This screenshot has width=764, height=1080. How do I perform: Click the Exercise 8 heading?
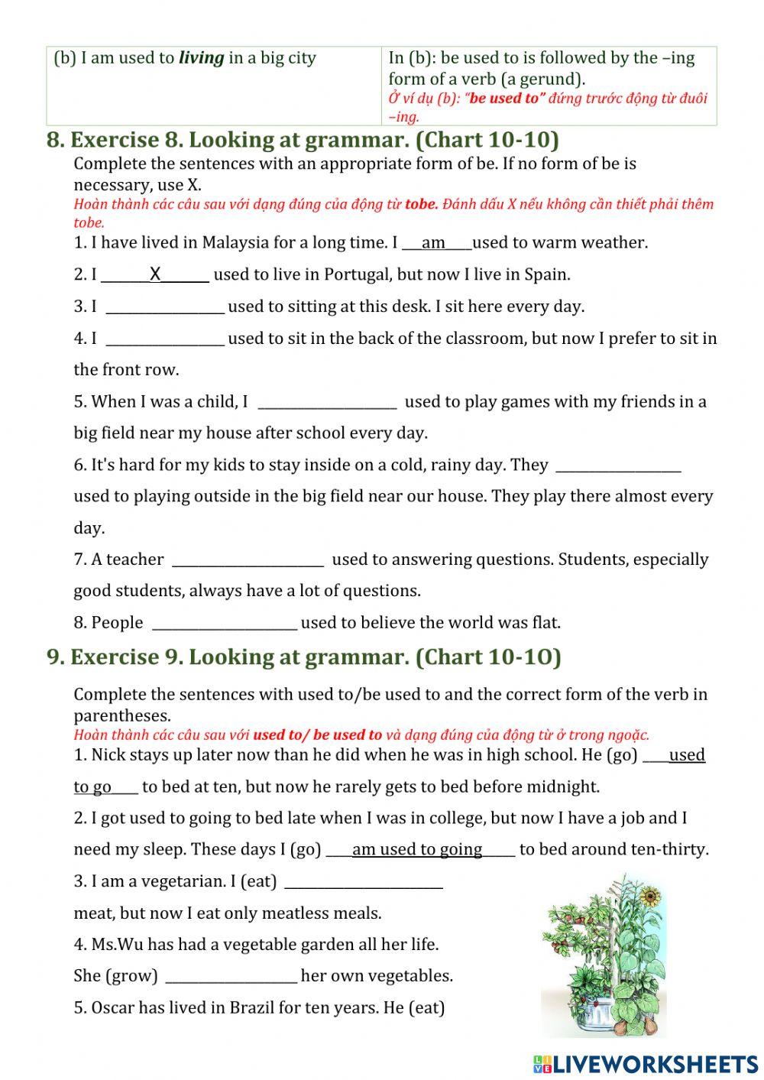click(303, 140)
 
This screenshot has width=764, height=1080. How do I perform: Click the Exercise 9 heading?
click(303, 657)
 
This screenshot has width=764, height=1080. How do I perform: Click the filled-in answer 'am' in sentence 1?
click(433, 243)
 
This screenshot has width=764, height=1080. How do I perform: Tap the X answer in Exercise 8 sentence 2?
click(155, 274)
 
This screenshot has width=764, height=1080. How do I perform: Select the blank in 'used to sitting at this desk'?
click(165, 307)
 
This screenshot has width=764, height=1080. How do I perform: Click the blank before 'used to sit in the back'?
click(165, 339)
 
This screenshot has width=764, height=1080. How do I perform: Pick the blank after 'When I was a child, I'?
click(327, 402)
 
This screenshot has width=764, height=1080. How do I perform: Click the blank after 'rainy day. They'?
click(618, 465)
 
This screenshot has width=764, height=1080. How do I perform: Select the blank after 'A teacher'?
click(248, 560)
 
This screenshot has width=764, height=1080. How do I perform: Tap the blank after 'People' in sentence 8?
click(225, 624)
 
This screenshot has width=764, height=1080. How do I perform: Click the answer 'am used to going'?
click(417, 850)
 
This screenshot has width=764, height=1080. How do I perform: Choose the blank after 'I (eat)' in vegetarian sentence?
click(363, 882)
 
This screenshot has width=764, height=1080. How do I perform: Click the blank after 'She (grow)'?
click(231, 977)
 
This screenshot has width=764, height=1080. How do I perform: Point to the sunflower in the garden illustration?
click(650, 895)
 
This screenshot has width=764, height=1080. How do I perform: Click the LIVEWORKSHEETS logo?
click(645, 1064)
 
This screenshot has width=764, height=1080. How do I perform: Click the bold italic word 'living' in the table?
click(202, 58)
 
